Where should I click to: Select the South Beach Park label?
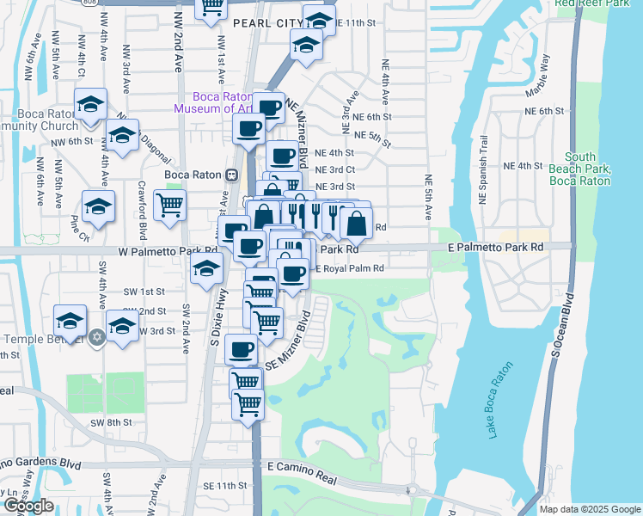(581, 169)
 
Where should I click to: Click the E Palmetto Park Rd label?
(496, 247)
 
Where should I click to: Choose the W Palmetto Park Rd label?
(159, 251)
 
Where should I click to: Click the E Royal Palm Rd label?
(352, 268)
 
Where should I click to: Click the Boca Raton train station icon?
(230, 175)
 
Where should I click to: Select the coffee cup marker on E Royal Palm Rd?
(293, 274)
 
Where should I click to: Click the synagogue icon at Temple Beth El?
(100, 335)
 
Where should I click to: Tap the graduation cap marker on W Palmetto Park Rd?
(206, 268)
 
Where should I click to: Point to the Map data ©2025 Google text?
(589, 509)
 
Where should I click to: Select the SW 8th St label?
(112, 422)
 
